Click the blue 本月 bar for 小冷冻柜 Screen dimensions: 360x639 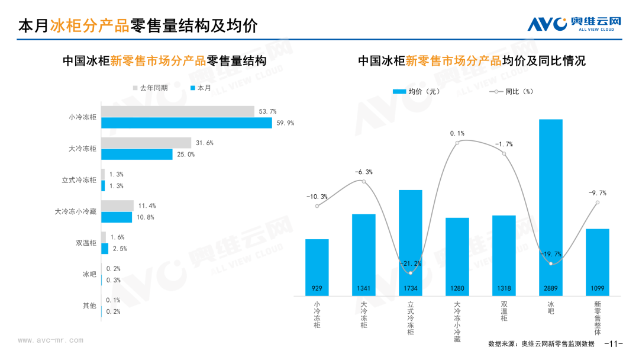186,123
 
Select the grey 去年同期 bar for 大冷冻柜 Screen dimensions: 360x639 146,143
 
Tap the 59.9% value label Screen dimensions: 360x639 283,123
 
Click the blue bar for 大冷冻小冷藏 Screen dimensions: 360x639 117,217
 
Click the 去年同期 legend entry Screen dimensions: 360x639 150,88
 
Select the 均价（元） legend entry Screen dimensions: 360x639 416,92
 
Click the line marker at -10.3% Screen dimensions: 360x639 318,206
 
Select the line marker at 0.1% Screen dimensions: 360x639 457,143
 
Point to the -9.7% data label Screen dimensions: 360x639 597,192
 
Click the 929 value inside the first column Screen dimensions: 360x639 317,289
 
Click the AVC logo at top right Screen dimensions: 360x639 574,24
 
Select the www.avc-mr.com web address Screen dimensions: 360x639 50,340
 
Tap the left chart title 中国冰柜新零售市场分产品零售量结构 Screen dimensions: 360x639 164,61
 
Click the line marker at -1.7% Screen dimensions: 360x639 505,154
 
